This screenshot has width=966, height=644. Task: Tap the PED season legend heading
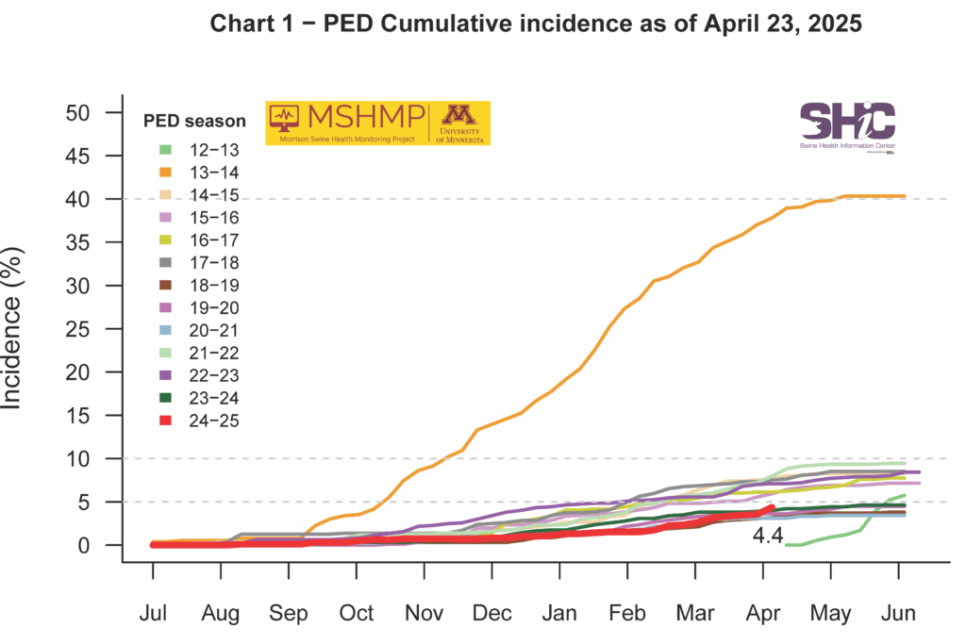[x=195, y=121]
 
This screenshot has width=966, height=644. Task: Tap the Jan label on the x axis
[x=559, y=613]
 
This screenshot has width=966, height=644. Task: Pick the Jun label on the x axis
[x=897, y=613]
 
